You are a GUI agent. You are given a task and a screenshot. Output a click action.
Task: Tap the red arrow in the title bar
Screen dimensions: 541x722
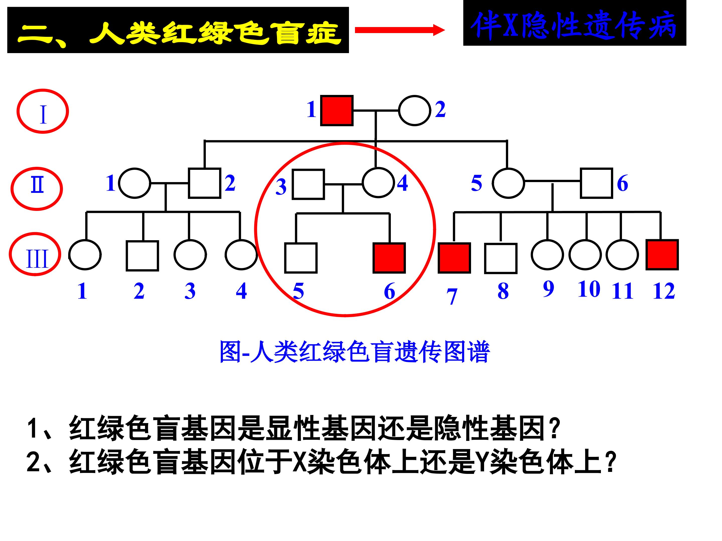[x=400, y=30]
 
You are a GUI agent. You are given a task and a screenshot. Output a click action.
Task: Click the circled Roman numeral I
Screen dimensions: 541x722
[x=43, y=111]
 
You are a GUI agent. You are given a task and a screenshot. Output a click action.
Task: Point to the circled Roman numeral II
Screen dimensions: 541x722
[x=37, y=189]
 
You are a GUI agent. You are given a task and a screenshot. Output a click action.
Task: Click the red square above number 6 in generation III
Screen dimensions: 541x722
[x=389, y=258]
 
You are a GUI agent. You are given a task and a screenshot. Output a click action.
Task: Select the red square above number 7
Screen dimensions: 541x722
[x=454, y=258]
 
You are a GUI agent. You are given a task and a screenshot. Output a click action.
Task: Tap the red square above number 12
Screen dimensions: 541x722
[x=662, y=255]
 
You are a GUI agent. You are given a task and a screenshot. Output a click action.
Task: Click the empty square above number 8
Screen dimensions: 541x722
[x=500, y=258]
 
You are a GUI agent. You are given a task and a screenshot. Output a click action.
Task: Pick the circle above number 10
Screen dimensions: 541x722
[x=585, y=255]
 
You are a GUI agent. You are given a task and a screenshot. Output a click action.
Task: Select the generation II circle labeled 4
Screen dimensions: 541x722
[x=378, y=183]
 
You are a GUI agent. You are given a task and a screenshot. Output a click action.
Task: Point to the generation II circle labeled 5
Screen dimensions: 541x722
[x=508, y=183]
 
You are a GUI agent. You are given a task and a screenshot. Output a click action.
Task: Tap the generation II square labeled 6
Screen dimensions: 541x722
[x=596, y=183]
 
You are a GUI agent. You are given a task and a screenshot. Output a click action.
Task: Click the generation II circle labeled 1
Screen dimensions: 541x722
[x=134, y=183]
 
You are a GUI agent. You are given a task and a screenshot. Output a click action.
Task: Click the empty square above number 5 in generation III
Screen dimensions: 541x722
[x=301, y=258]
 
